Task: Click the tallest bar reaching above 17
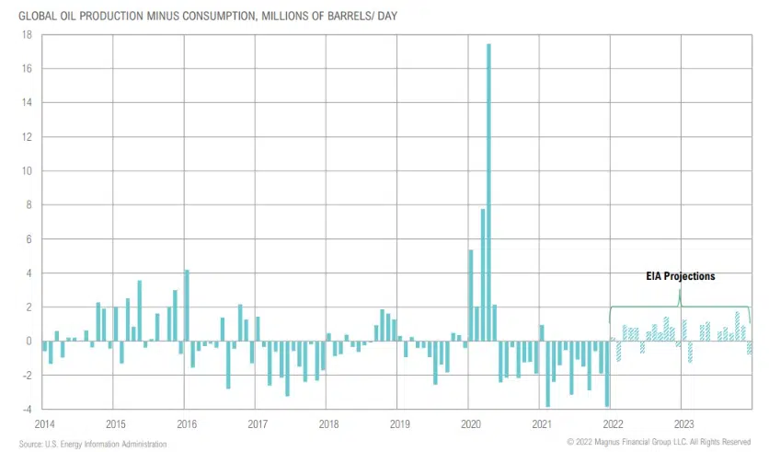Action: click(x=488, y=193)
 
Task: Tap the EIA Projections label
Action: click(x=680, y=276)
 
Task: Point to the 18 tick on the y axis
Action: click(x=27, y=35)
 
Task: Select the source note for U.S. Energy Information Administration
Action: click(x=93, y=445)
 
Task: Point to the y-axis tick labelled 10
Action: click(x=27, y=171)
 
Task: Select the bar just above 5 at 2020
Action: click(x=471, y=296)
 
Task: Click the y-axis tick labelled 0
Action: click(x=29, y=342)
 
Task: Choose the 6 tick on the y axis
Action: click(x=29, y=239)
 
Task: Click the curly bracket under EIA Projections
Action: click(x=680, y=306)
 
